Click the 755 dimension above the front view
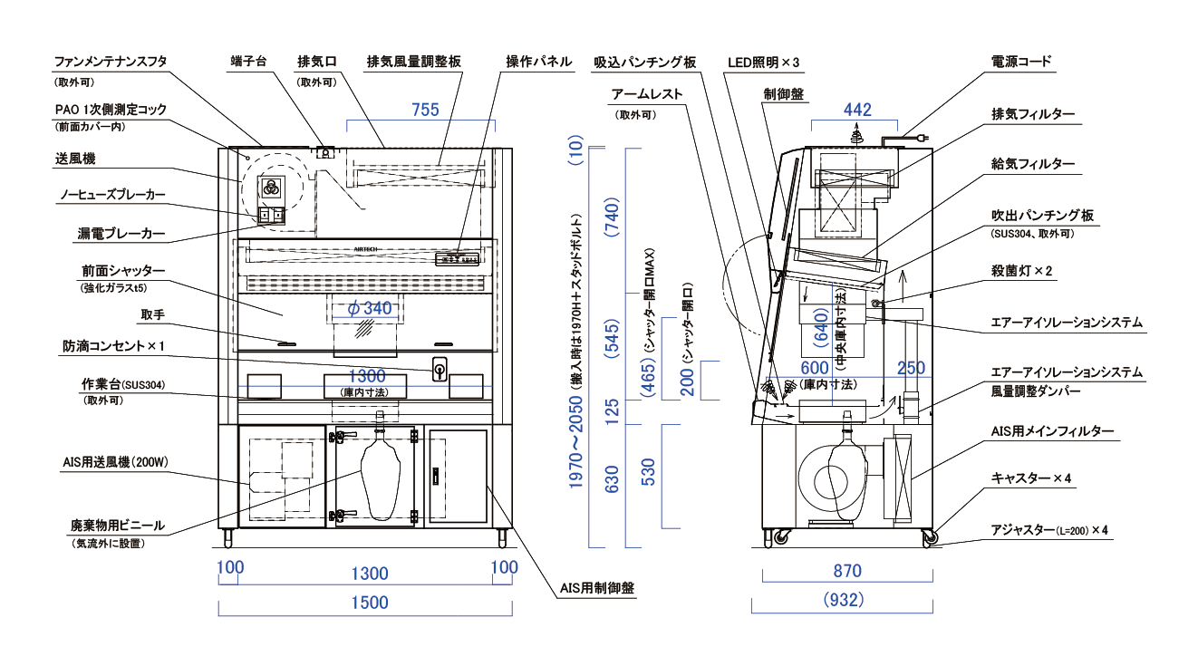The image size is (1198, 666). click(x=425, y=111)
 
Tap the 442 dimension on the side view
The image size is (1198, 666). click(x=857, y=111)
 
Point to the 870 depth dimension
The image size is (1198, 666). click(x=847, y=572)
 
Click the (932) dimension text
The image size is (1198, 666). click(x=846, y=600)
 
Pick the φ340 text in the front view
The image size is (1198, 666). click(x=371, y=309)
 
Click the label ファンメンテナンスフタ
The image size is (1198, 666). click(x=111, y=62)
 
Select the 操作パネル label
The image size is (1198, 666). click(x=539, y=62)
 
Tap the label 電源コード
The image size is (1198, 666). click(x=1021, y=62)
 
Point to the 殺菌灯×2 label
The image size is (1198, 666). click(x=1022, y=270)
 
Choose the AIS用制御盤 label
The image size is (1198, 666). click(x=596, y=589)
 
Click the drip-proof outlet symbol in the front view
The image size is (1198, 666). click(x=439, y=370)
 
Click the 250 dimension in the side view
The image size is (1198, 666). click(x=912, y=368)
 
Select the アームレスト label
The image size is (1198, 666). click(x=647, y=94)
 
